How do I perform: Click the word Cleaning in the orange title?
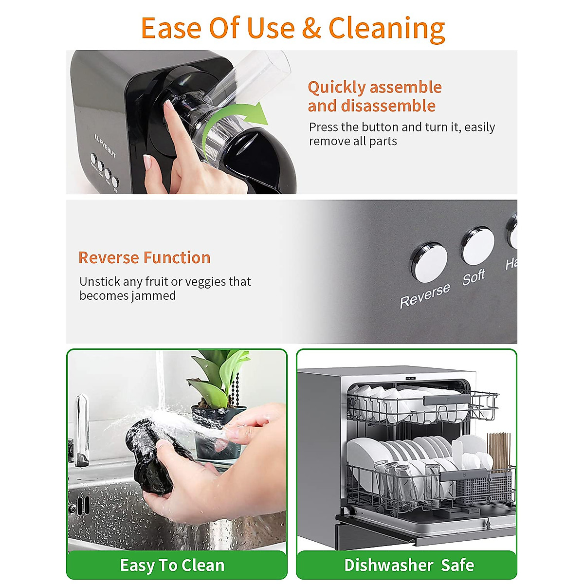pos(386,28)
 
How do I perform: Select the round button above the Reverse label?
pos(429,262)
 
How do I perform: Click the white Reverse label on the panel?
pos(425,296)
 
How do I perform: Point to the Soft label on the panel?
pos(474,277)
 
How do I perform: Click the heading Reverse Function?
pos(144,257)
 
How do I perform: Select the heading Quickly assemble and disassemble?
pos(374,96)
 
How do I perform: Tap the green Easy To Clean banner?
pos(172,565)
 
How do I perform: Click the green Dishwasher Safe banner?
pos(409,565)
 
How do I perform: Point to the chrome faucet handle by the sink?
pos(81,428)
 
